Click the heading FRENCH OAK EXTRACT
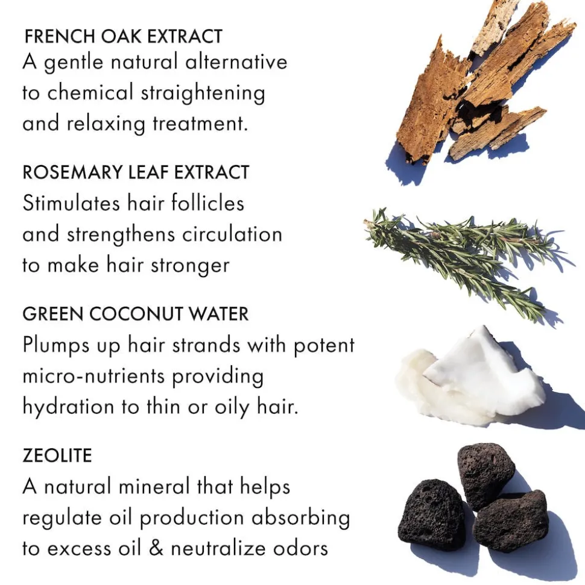pyautogui.click(x=123, y=37)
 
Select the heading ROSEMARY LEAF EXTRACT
pyautogui.click(x=136, y=172)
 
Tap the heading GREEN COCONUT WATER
pyautogui.click(x=135, y=314)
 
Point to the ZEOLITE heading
pyautogui.click(x=57, y=455)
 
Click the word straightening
pyautogui.click(x=203, y=93)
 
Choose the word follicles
pyautogui.click(x=207, y=203)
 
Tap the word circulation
pyautogui.click(x=232, y=235)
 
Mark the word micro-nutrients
pyautogui.click(x=93, y=376)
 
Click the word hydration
pyautogui.click(x=68, y=407)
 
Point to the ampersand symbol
pyautogui.click(x=156, y=549)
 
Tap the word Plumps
pyautogui.click(x=56, y=345)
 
